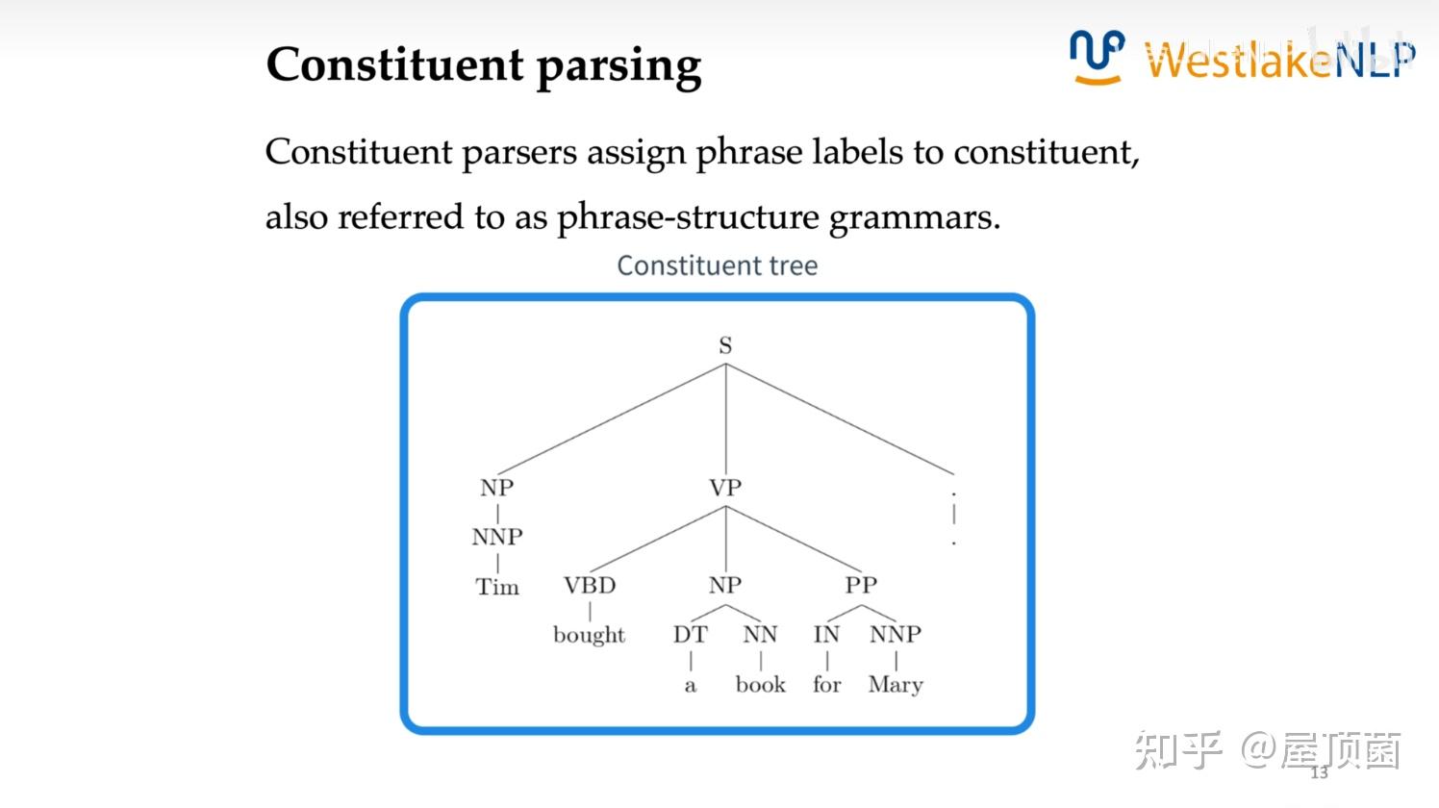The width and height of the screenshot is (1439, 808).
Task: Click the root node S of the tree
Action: click(725, 345)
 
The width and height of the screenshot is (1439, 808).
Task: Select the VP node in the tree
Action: click(725, 488)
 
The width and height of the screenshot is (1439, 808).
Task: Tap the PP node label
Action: click(861, 585)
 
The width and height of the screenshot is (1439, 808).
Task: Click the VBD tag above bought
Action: click(590, 585)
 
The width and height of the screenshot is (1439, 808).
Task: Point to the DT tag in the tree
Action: click(690, 635)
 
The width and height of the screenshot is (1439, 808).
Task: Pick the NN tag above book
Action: click(760, 635)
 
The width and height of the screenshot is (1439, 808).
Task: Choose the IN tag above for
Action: click(826, 635)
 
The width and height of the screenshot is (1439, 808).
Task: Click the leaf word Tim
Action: click(497, 587)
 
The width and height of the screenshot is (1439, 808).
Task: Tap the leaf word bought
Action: click(589, 636)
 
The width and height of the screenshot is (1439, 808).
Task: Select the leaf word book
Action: click(760, 685)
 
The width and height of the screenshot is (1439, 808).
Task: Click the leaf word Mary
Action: click(896, 685)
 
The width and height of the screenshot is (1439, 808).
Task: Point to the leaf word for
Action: click(826, 685)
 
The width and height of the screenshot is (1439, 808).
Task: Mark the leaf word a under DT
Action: click(690, 686)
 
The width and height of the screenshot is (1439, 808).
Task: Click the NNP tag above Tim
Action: click(497, 537)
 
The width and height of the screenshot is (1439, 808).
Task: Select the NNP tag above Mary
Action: click(896, 635)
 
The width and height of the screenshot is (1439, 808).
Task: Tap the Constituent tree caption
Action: click(717, 265)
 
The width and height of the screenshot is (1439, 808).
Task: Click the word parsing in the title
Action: click(619, 67)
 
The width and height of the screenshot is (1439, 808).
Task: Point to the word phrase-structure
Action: click(688, 217)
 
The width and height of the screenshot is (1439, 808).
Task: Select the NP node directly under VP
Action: click(725, 585)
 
